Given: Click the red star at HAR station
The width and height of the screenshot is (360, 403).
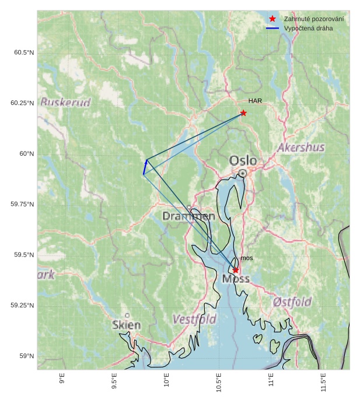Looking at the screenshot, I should pos(243,113).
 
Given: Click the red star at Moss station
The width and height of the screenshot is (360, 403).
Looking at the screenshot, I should pos(236,269).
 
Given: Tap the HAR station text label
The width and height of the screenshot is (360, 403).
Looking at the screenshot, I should pos(255,101).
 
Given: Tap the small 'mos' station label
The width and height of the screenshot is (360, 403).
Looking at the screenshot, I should pos(247,258).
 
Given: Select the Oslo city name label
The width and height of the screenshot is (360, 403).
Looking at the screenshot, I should pos(243,160).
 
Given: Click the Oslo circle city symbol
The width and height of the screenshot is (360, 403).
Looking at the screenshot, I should pos(243,173).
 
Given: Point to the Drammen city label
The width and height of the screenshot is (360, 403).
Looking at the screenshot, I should pos(188,216).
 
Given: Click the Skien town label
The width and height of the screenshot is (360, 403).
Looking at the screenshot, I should pos(127,325).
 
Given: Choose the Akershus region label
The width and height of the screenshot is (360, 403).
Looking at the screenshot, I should pos(301,148).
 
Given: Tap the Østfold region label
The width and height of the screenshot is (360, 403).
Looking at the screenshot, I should pos(292,302).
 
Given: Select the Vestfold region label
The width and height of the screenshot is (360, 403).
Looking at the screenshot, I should pos(194,320).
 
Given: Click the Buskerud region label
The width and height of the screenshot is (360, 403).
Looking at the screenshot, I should pos(65,103).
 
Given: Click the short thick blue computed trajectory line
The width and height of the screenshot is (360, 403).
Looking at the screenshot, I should pos(145,167).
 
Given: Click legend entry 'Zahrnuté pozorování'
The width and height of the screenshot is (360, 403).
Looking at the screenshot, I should pos(313,19).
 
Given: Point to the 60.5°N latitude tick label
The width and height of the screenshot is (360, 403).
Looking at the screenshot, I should pos(24,53).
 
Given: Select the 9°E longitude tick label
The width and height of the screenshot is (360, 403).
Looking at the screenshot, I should pos(62,383).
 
